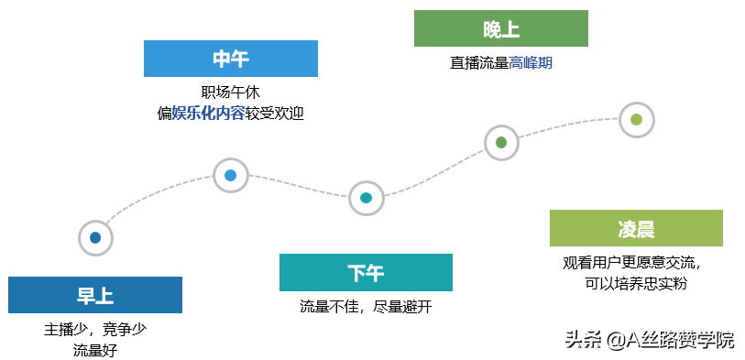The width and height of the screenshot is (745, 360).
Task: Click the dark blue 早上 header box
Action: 95,295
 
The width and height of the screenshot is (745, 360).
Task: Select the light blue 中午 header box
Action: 231,59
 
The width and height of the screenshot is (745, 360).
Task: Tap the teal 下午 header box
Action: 366,272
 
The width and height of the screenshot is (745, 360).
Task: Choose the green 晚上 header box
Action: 501,28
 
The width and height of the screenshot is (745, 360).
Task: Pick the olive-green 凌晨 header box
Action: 636,228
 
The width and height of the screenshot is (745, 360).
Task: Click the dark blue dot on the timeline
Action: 95,237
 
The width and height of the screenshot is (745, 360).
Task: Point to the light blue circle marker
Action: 230,175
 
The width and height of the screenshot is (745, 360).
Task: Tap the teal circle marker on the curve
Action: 366,198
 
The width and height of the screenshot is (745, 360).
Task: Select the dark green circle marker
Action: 501,142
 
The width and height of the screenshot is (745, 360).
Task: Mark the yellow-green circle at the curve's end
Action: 637,120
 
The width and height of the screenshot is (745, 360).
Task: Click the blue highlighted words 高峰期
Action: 531,62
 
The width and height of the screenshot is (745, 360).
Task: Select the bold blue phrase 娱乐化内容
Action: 208,114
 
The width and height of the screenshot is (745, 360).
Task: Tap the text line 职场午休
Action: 230,93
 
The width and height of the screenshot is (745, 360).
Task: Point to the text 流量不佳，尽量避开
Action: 366,306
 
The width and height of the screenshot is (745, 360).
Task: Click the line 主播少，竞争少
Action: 95,329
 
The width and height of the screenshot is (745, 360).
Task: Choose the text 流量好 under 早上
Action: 95,351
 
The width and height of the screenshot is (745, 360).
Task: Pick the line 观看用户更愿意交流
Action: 633,263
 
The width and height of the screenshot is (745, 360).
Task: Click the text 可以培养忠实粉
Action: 636,284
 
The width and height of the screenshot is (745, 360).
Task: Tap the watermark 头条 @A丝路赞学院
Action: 650,339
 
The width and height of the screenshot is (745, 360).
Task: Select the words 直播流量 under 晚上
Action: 479,62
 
